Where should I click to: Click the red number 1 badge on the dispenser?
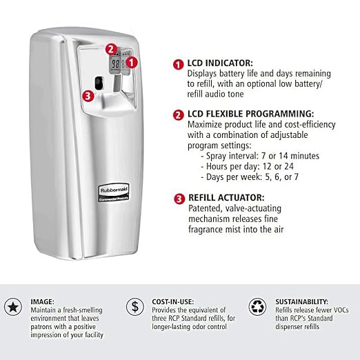tap(132, 63)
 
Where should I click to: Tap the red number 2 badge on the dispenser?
tap(111, 49)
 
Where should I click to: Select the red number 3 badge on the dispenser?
tap(88, 96)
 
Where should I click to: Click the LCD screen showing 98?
tap(115, 64)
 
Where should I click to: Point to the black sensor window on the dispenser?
tap(99, 83)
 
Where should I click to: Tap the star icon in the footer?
tap(13, 307)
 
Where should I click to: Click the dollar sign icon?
tap(135, 307)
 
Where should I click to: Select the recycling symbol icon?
tap(257, 307)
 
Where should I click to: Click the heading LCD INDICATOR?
tap(220, 63)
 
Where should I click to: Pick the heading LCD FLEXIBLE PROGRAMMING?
tap(250, 114)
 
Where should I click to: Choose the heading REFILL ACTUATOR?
tap(226, 198)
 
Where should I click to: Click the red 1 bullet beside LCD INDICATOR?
tap(179, 65)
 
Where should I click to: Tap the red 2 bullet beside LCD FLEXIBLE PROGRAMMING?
tap(179, 115)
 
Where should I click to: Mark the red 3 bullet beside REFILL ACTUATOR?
tap(179, 199)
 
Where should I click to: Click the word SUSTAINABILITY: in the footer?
tap(302, 301)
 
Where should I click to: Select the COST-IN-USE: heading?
tap(172, 301)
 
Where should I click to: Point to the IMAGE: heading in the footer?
tap(42, 301)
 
